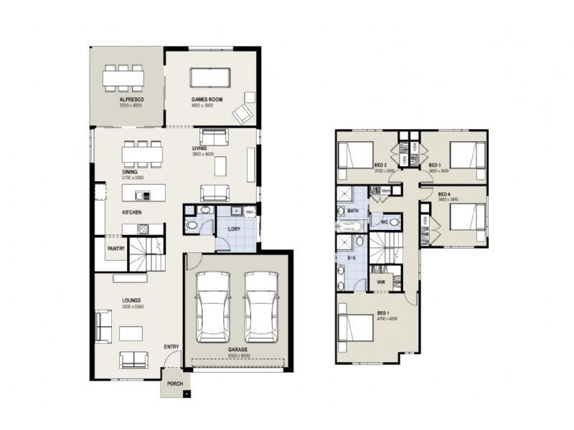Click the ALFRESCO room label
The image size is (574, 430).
point(130,100)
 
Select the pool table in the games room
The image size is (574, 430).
point(210,77)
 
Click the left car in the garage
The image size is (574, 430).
point(212,307)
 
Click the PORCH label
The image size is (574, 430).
point(175,383)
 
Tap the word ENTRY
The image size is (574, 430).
point(171,347)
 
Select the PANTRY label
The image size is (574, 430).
point(116,249)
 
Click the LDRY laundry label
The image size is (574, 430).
point(234,229)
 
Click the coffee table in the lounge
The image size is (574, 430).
point(131,333)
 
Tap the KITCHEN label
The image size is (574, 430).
point(131,213)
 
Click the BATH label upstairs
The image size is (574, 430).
point(353,211)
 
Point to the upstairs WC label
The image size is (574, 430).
point(384,221)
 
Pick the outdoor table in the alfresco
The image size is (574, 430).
point(123,78)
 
